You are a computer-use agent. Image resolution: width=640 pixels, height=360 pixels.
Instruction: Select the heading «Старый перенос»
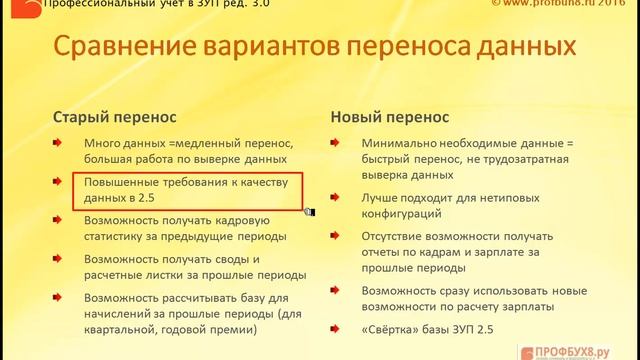(115, 117)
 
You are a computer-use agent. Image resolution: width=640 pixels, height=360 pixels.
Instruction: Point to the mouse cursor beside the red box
(310, 211)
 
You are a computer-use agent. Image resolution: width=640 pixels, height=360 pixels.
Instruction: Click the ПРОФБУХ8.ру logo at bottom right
(575, 351)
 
